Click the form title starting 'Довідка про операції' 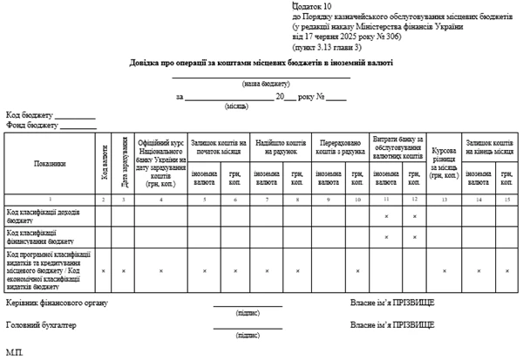coord(261,63)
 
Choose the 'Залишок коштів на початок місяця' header coord(218,145)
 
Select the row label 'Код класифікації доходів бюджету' coord(44,214)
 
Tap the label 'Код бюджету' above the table coord(31,114)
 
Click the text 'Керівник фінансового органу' coord(57,302)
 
